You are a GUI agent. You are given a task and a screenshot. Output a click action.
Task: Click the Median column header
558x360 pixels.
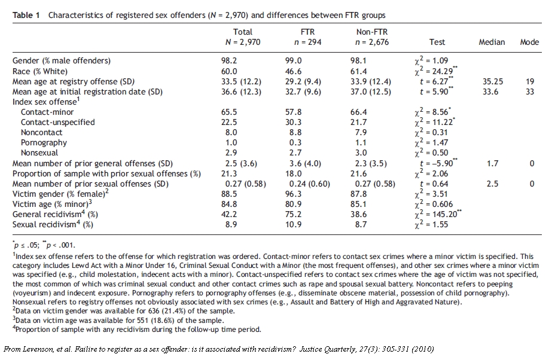pyautogui.click(x=492, y=42)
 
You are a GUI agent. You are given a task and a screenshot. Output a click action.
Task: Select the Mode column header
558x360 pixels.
pyautogui.click(x=529, y=42)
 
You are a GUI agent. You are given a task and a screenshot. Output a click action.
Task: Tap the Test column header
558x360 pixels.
pyautogui.click(x=437, y=42)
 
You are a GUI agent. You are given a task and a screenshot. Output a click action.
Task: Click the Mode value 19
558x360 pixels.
pyautogui.click(x=530, y=81)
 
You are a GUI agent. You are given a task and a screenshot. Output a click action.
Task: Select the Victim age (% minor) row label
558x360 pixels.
pyautogui.click(x=50, y=203)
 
